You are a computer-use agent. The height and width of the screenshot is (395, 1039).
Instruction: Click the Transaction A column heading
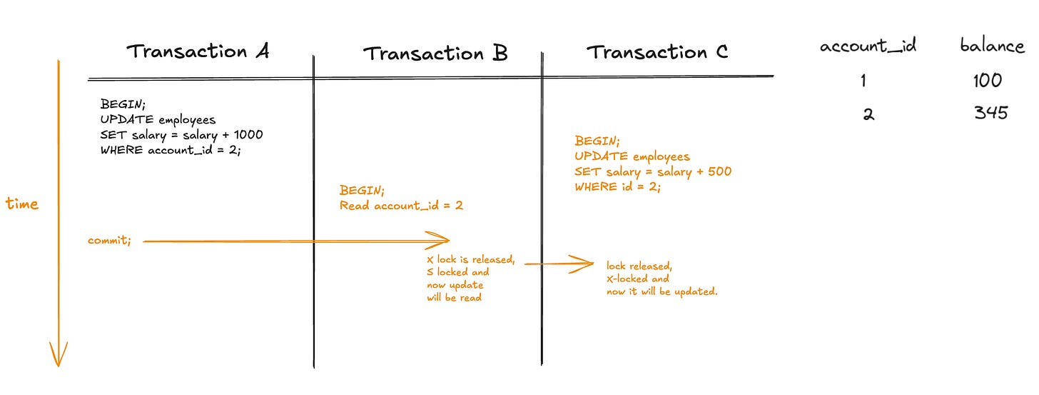(x=198, y=51)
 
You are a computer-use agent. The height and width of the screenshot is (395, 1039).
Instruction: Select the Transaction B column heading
(x=435, y=54)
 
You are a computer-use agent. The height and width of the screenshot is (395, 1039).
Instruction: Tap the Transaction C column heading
(x=657, y=52)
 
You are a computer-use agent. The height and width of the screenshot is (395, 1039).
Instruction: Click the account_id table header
(x=868, y=47)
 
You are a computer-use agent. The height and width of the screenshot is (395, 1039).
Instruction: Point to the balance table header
(x=992, y=46)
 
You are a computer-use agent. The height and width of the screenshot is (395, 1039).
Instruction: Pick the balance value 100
(x=987, y=81)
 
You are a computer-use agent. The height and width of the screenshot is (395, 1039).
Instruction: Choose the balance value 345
(x=990, y=113)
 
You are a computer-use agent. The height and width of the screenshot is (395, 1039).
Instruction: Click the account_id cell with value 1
(x=863, y=81)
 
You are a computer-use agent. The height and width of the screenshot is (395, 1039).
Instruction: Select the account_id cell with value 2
(x=868, y=114)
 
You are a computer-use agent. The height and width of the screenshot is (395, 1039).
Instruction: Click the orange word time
(x=21, y=204)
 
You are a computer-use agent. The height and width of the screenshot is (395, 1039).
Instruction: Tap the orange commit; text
(x=109, y=241)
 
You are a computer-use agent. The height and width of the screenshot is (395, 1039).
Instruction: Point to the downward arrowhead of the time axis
(x=58, y=355)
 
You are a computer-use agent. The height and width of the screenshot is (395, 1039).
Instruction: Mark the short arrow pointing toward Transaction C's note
(x=560, y=264)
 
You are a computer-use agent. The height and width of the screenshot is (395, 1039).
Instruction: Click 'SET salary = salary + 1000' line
(x=182, y=136)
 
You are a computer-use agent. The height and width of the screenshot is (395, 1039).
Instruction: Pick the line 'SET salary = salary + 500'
(x=653, y=171)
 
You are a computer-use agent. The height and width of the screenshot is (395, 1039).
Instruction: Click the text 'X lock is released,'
(x=470, y=259)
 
